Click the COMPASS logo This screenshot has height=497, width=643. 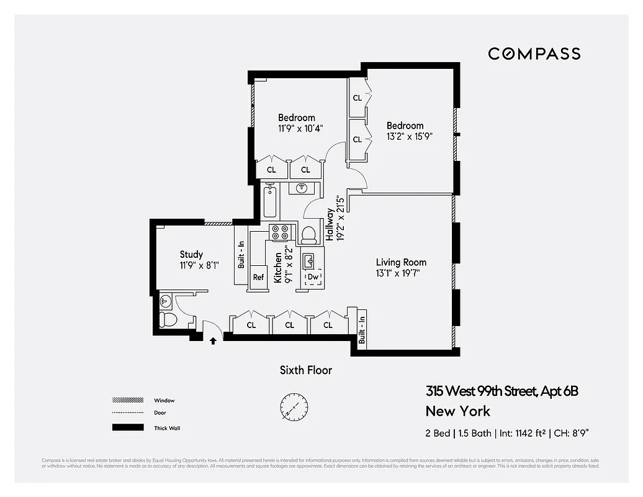click(x=534, y=53)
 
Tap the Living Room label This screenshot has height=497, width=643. click(x=401, y=262)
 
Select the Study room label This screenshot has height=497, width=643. click(x=191, y=254)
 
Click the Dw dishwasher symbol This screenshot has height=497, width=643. click(x=313, y=277)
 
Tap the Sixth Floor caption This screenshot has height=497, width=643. click(x=305, y=370)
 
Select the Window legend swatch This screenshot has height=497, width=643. click(x=124, y=400)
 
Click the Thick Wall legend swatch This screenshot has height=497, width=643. click(x=124, y=427)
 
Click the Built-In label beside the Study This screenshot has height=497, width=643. click(x=241, y=253)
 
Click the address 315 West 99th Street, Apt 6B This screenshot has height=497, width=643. click(x=502, y=391)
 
